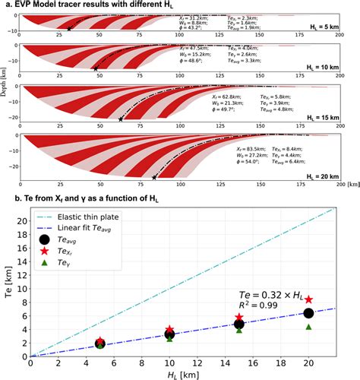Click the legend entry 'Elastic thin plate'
(x=90, y=217)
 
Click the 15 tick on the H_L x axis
(x=239, y=364)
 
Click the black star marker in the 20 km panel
(x=154, y=177)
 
